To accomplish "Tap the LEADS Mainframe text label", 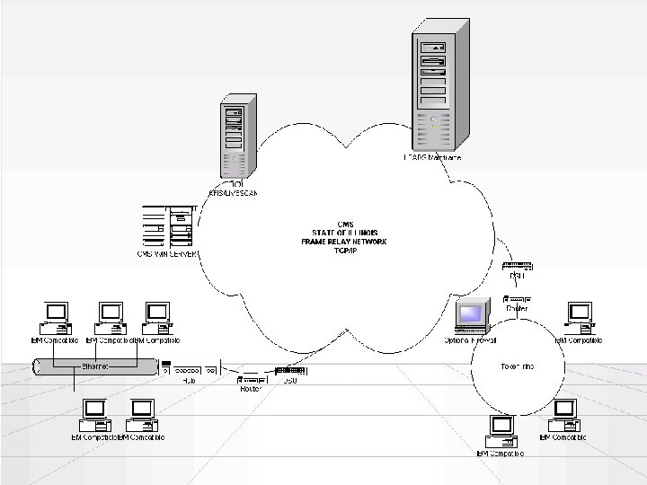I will tap(431, 158).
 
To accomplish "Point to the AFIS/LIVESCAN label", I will tap(232, 193).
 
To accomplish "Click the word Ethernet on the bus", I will tap(96, 366).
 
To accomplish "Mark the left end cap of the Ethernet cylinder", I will tap(34, 367).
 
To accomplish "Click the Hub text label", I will tap(189, 380).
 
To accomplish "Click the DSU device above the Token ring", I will tap(518, 266).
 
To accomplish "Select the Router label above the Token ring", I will tap(517, 308).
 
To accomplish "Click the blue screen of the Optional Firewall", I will tap(471, 314).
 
